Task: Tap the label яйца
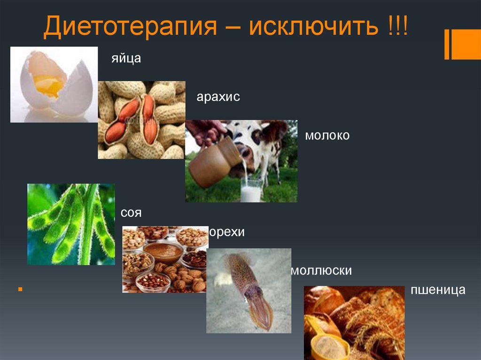pos(126,59)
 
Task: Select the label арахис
pos(218,97)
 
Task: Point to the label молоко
pos(327,136)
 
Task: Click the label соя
pos(131,213)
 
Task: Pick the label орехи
pos(227,233)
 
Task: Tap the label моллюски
pos(321,271)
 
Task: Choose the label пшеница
pos(437,290)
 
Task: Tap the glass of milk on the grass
pos(251,190)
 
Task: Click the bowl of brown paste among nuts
pos(163,252)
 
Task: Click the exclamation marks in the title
pos(398,28)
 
